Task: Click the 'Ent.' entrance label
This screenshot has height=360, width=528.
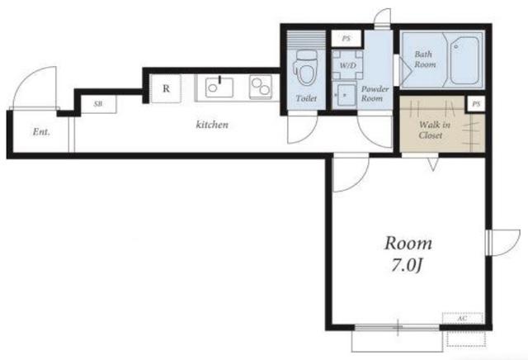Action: tap(41, 132)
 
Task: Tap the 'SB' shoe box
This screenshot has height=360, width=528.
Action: tap(98, 104)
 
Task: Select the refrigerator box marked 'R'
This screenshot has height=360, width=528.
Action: tap(166, 88)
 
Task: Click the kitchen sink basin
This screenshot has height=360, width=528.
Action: tap(219, 88)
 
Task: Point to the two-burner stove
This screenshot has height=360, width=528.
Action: tap(261, 87)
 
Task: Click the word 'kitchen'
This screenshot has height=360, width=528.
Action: tap(212, 125)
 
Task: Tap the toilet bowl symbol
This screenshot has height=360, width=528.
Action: tap(306, 69)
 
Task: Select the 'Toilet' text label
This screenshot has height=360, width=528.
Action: tap(306, 98)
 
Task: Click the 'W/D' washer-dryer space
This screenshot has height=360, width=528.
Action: tap(347, 65)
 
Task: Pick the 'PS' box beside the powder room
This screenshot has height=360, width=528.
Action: tap(346, 39)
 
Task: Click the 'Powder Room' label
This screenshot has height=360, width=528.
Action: tap(375, 93)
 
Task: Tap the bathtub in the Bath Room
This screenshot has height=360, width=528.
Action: tap(464, 60)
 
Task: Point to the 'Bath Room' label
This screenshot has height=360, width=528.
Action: tap(425, 59)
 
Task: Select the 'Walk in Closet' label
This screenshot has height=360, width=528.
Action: tap(434, 130)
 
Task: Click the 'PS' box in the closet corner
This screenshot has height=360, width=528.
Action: tap(476, 104)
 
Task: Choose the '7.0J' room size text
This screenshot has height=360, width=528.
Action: tap(407, 266)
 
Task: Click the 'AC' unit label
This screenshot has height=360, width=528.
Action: tap(462, 318)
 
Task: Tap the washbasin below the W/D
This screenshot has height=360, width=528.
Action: tap(344, 95)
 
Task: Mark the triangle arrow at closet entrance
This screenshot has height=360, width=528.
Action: tap(433, 165)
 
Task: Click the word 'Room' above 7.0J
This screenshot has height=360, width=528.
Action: tap(408, 244)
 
